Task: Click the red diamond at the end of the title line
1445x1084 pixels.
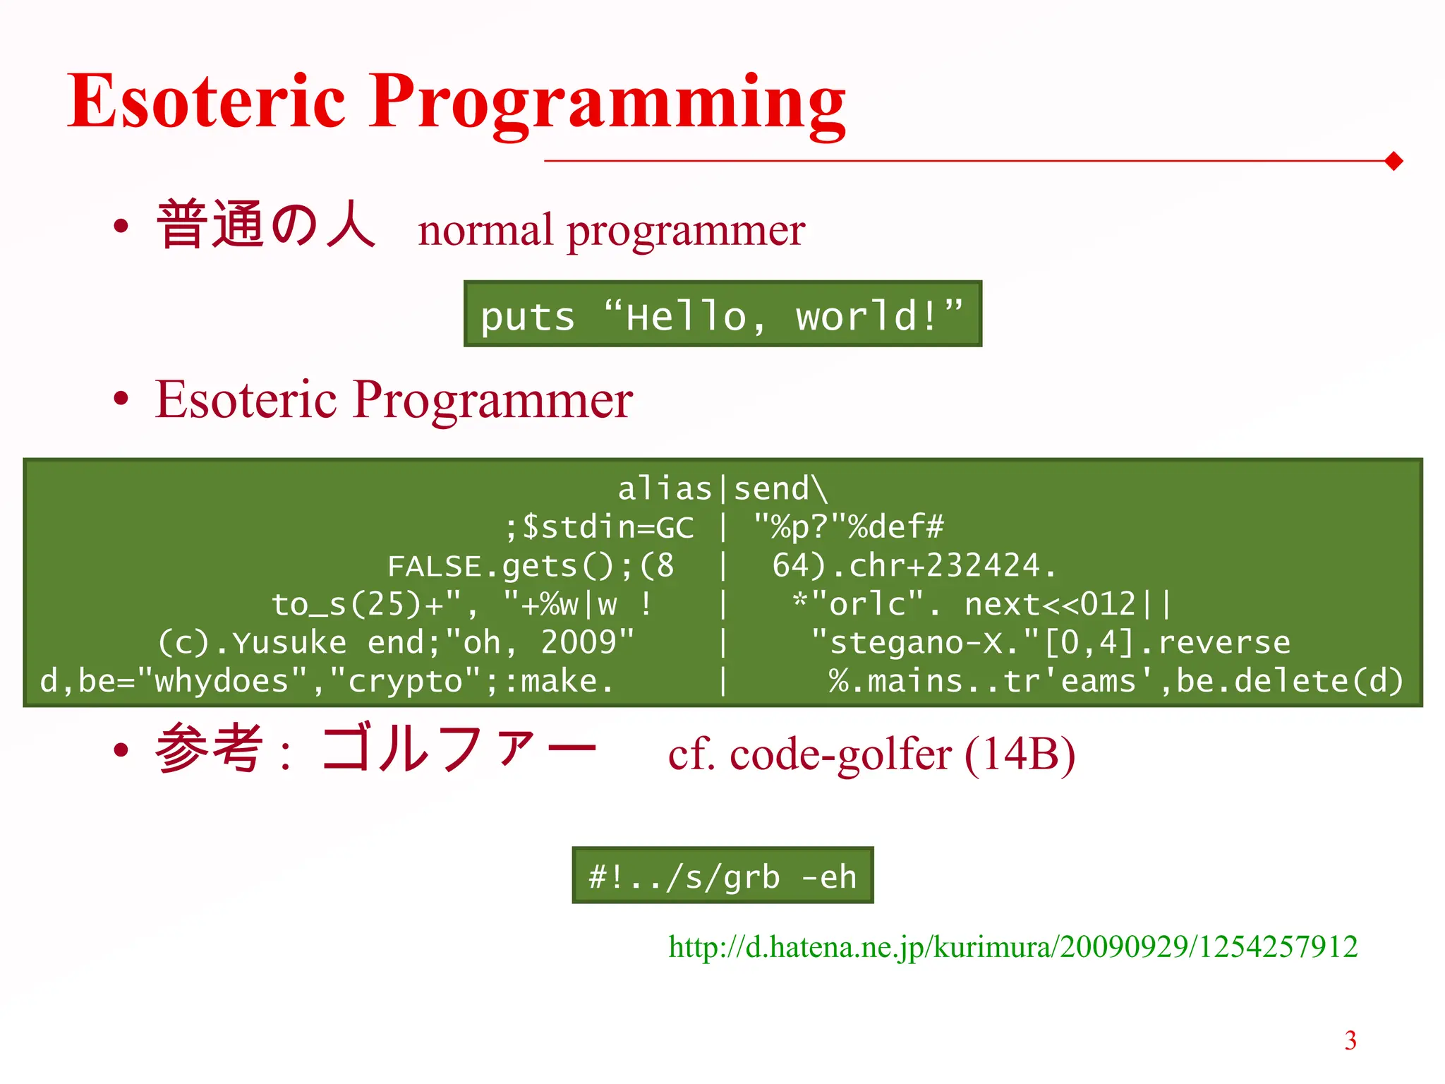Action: (x=1393, y=161)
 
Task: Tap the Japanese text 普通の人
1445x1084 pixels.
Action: (x=265, y=225)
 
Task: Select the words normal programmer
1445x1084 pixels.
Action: (x=611, y=231)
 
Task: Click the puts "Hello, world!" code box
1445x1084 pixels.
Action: (x=722, y=315)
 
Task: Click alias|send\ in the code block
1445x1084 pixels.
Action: (x=722, y=489)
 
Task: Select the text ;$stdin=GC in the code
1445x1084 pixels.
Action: (x=600, y=527)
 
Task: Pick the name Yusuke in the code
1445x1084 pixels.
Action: (x=289, y=643)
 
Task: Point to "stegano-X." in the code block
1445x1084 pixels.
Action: (x=924, y=643)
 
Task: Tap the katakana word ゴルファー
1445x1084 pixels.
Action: (x=459, y=749)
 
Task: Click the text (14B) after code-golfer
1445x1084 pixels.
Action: (x=1020, y=754)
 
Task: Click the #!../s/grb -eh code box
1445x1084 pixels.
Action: (x=722, y=876)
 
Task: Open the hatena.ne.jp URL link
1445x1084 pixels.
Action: (x=1012, y=947)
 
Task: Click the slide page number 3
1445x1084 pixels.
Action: (x=1350, y=1041)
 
